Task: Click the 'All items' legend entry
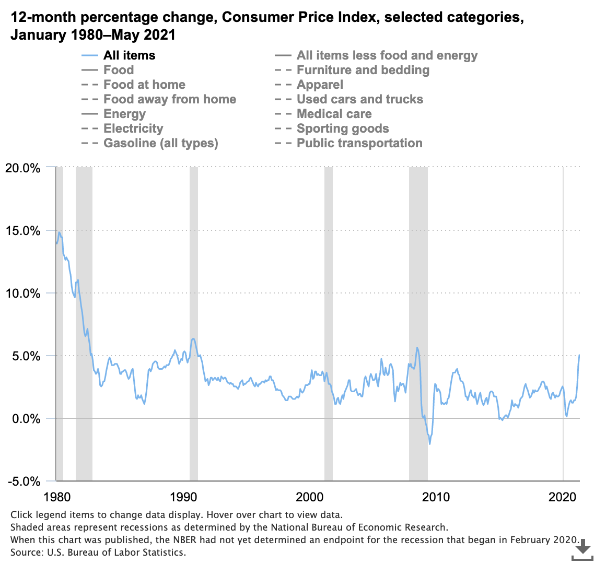[129, 55]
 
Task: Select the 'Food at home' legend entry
[144, 85]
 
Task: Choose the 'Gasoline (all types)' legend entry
[160, 143]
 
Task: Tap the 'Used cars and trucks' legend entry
[359, 99]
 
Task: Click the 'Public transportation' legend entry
[359, 143]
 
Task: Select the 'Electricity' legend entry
[133, 128]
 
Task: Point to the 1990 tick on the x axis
[183, 496]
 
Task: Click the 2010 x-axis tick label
[436, 496]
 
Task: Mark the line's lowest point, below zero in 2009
[430, 444]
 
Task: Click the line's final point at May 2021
[579, 355]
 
